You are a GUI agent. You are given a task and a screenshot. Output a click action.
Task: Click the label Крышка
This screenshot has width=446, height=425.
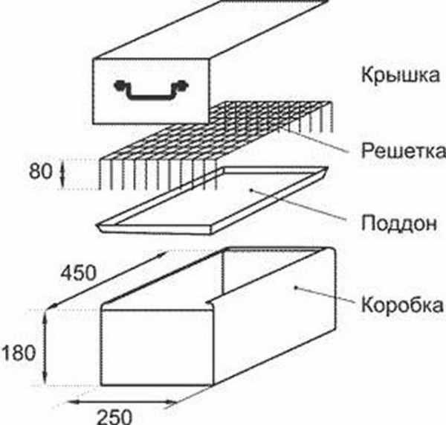point(401,75)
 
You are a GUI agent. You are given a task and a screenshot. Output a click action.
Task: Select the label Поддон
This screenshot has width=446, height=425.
point(398,223)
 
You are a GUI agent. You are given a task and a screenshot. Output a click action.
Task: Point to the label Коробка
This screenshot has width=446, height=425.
point(402,304)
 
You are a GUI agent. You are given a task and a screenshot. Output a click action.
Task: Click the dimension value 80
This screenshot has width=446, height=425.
point(41,172)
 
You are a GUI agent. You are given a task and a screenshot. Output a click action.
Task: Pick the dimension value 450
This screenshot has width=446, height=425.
point(79,273)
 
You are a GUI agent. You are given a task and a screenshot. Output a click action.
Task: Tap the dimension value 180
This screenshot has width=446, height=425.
point(18,353)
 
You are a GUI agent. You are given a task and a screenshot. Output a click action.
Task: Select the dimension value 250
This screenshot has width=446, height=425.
point(114,417)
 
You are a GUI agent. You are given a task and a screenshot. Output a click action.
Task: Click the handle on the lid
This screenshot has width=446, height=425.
point(151,90)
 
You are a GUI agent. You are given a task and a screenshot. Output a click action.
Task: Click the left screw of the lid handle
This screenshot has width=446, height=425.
point(119,85)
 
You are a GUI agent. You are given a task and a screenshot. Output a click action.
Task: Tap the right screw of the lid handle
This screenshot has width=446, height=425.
point(183,85)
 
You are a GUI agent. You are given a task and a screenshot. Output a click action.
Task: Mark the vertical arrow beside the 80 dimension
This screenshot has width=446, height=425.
point(62,172)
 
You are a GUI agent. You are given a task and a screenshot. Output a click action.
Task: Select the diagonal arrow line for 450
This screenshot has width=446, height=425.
point(106,281)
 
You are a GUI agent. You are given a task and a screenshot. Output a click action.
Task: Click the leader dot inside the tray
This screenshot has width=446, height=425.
point(251,189)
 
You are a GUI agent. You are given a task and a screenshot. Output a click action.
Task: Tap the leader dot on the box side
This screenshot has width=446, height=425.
point(296,288)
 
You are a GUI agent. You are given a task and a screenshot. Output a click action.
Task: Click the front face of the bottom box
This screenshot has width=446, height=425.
point(158,348)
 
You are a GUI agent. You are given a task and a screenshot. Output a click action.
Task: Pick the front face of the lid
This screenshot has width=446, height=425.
point(151,91)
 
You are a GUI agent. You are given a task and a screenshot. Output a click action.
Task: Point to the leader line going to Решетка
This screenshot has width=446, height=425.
point(313,140)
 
